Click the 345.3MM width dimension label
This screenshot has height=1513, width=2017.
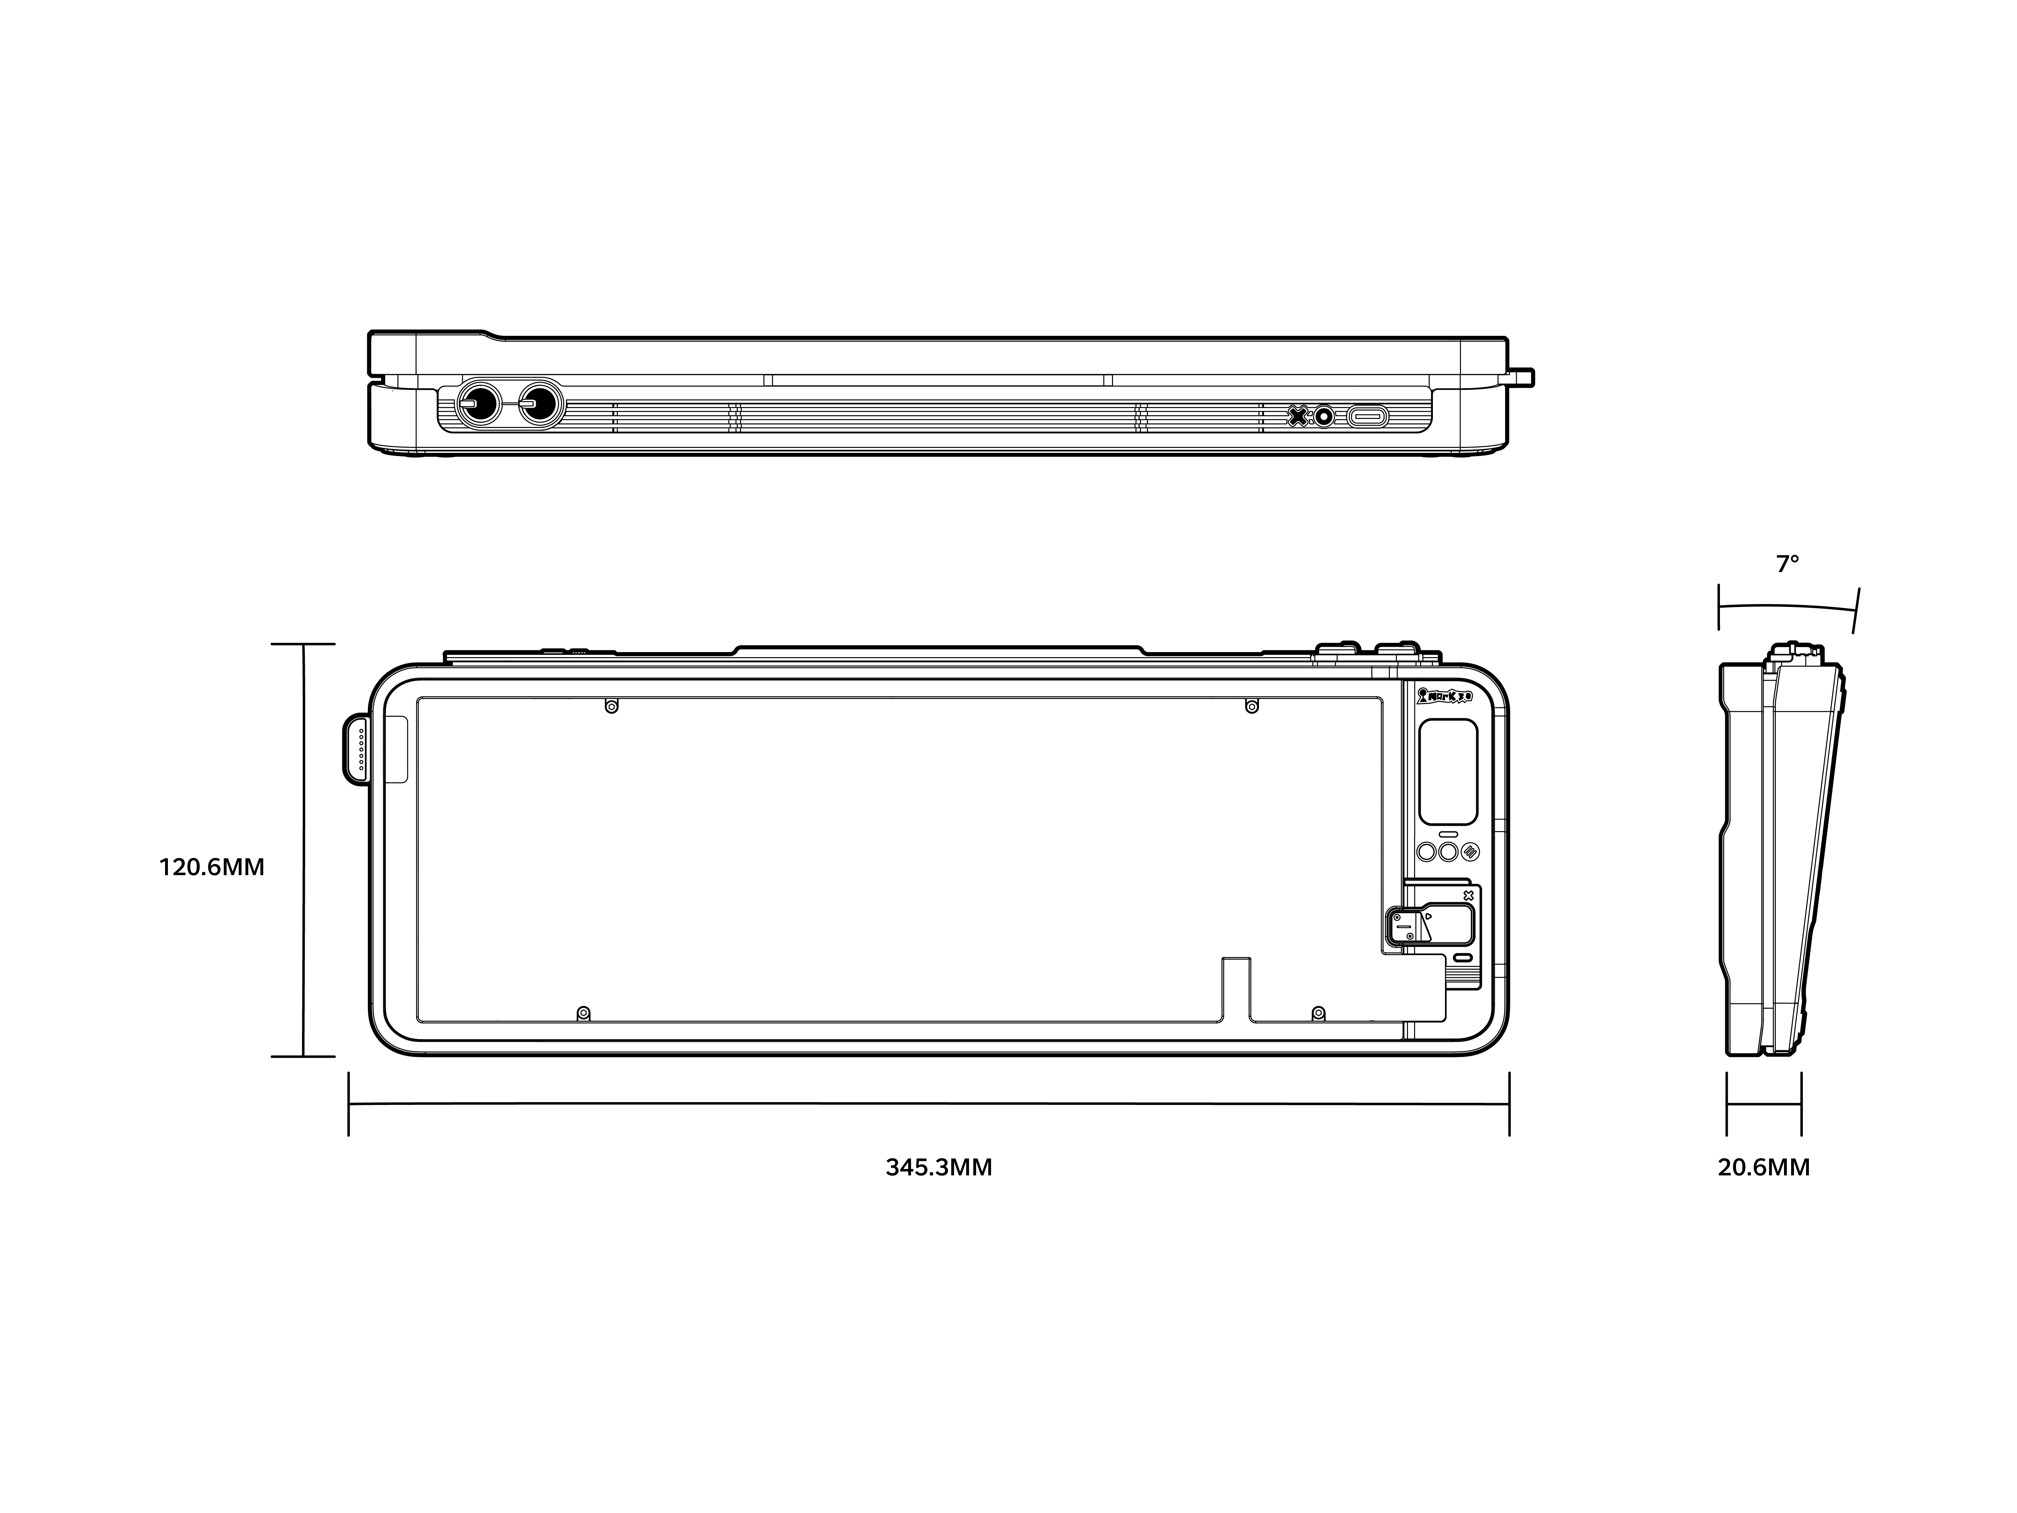click(938, 1167)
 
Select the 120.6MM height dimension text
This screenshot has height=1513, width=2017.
click(212, 867)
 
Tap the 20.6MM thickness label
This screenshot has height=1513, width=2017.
click(1763, 1167)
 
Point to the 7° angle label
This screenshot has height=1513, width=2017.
click(1787, 565)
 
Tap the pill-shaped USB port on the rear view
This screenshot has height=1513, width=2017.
click(1368, 417)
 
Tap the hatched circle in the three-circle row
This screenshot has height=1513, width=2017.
click(1470, 852)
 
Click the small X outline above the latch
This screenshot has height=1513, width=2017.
click(1468, 895)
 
